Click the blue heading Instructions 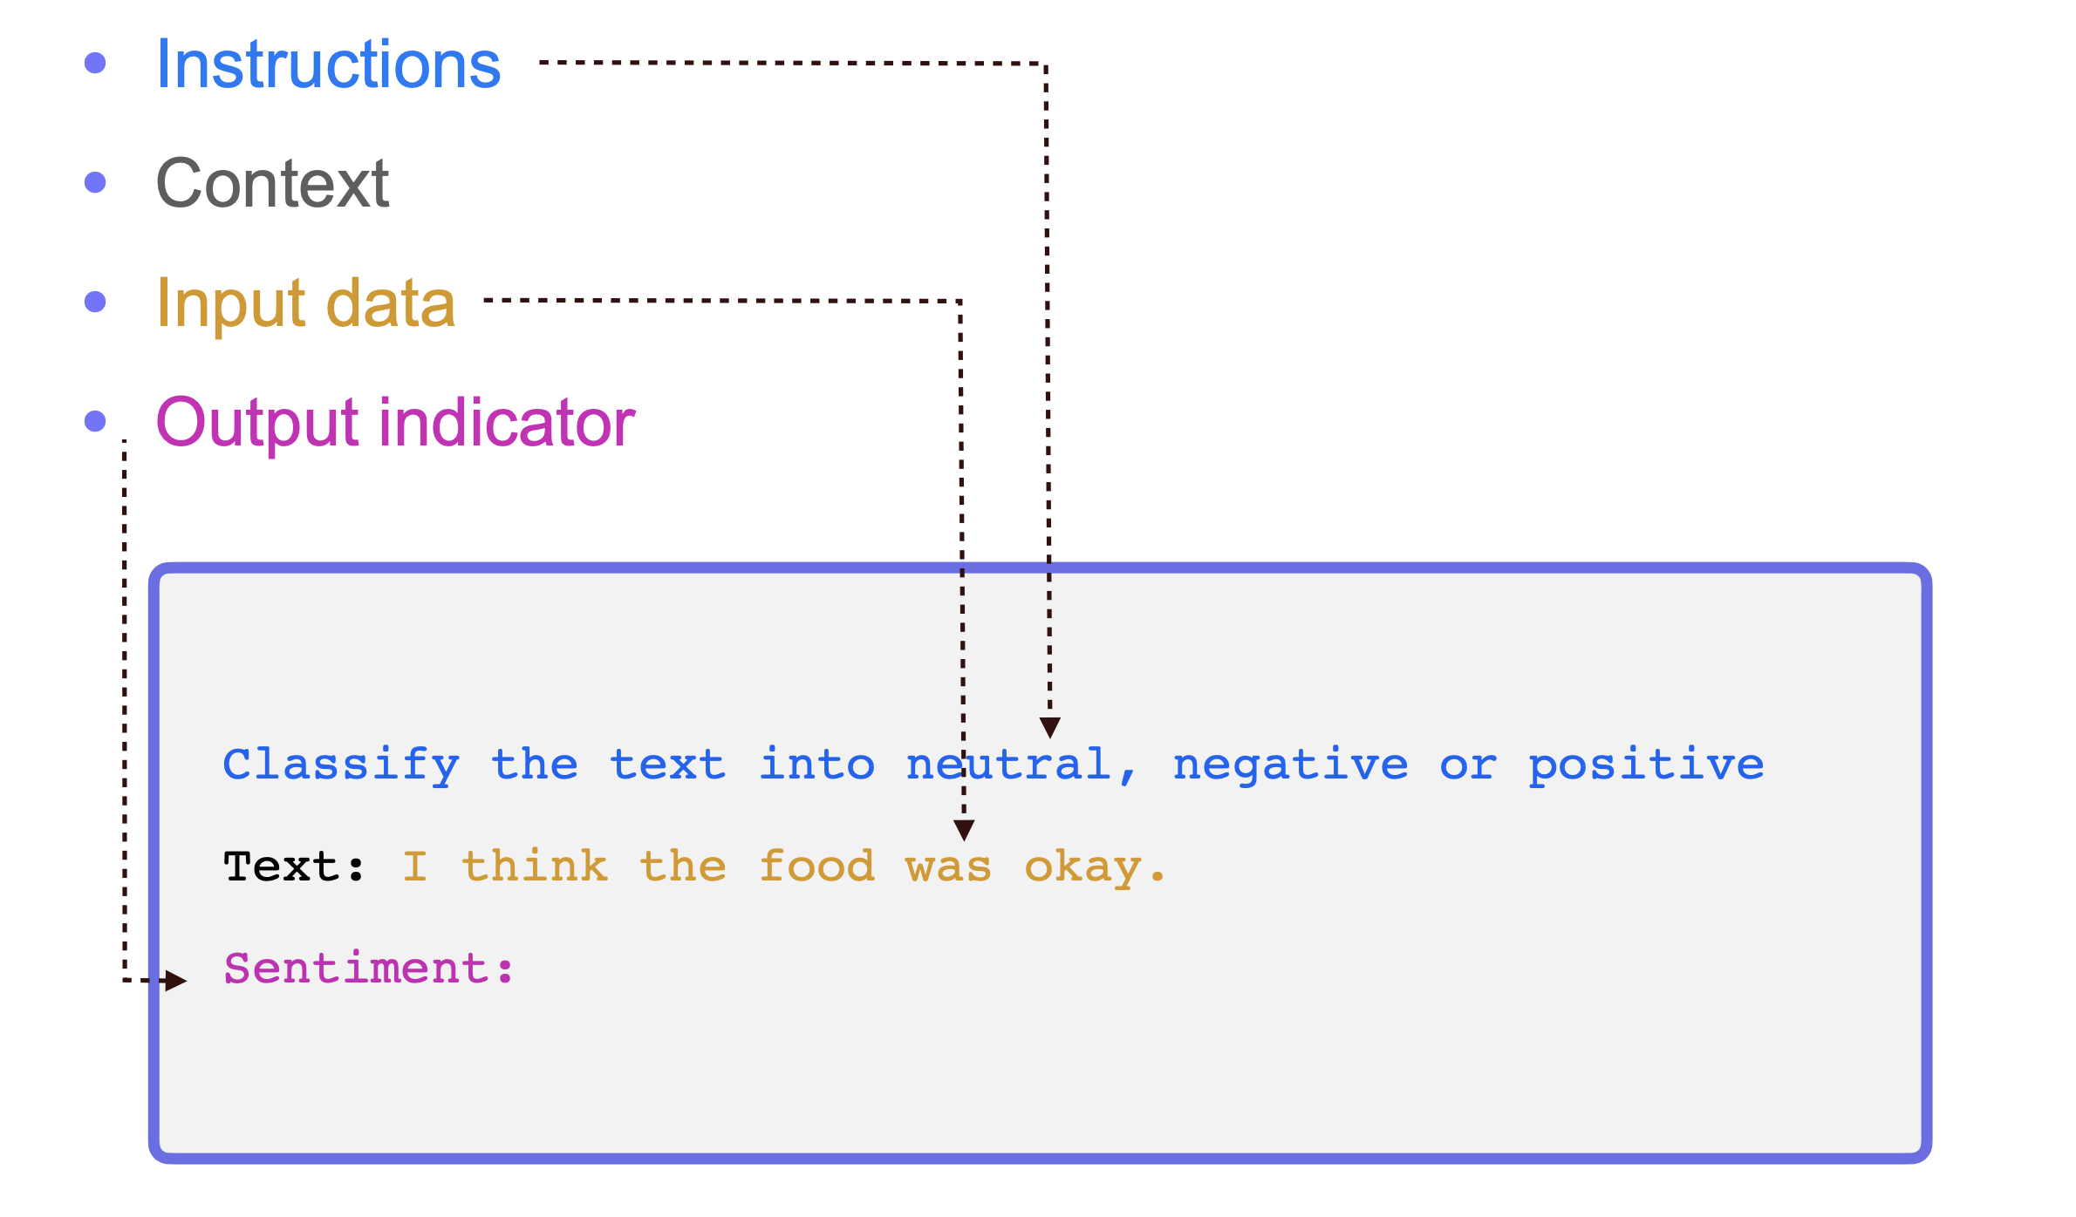[x=328, y=65]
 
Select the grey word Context [x=272, y=184]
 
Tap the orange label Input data [x=305, y=303]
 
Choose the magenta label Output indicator [x=395, y=423]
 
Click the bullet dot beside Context [x=95, y=182]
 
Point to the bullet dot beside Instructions [x=95, y=63]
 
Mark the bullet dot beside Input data [x=95, y=302]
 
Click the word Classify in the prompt [x=341, y=765]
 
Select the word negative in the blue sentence [x=1290, y=765]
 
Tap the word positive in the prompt [x=1646, y=765]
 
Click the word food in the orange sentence [x=816, y=867]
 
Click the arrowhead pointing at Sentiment [x=176, y=981]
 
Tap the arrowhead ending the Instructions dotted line [x=1050, y=727]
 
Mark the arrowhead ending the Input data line [x=964, y=829]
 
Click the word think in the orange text [x=535, y=867]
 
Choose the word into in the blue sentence [x=816, y=765]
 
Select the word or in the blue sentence [x=1468, y=765]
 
